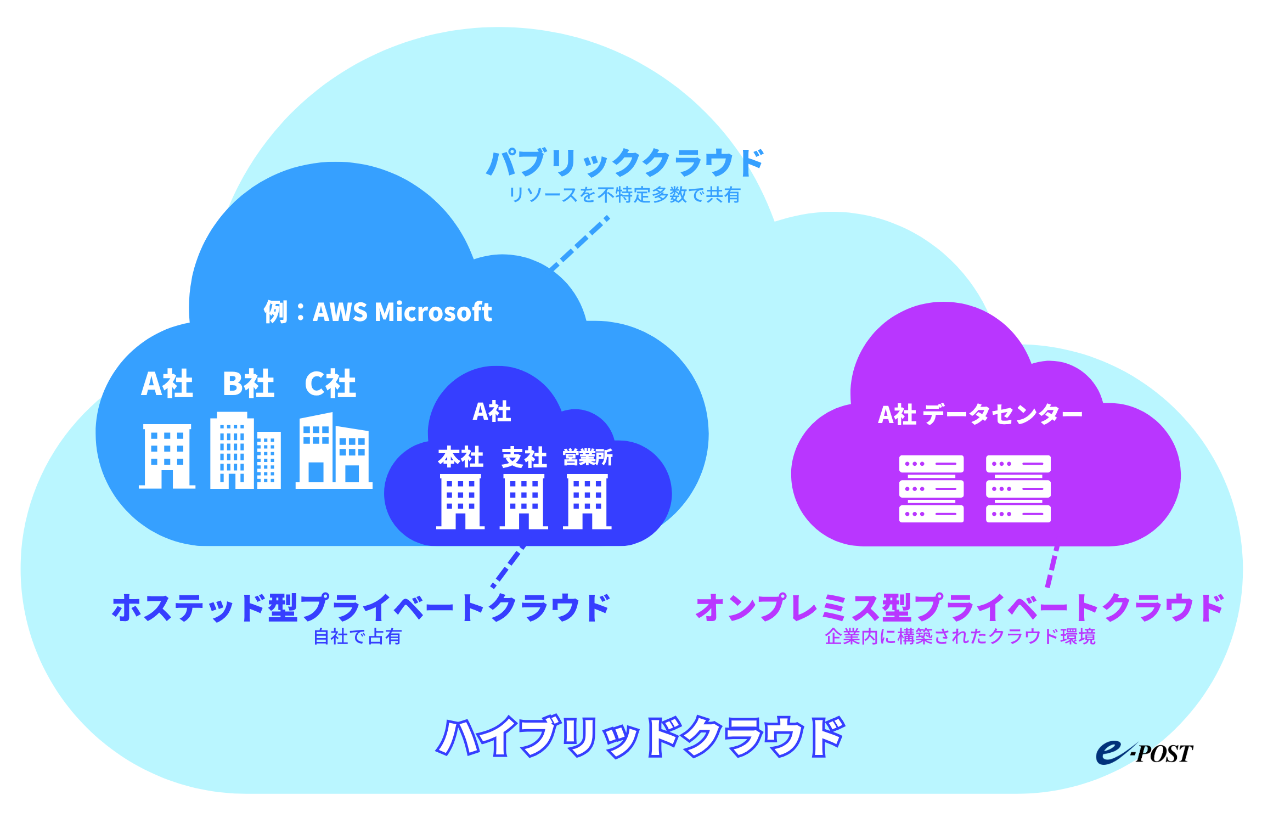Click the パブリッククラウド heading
(624, 163)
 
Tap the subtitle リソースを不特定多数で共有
(624, 195)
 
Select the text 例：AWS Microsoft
(378, 312)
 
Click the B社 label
(248, 384)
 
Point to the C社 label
(330, 384)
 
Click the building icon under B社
(245, 451)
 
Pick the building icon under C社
(334, 451)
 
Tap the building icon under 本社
(460, 501)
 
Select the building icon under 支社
(523, 501)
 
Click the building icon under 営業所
(587, 501)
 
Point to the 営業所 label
(588, 457)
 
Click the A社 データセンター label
(980, 414)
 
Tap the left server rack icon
(931, 488)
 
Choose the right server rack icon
(1018, 488)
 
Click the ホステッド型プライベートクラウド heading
(360, 608)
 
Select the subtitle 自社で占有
(357, 636)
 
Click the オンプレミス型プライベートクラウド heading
(960, 608)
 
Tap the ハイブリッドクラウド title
(640, 736)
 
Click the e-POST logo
(1144, 753)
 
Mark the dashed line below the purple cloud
(1052, 567)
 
